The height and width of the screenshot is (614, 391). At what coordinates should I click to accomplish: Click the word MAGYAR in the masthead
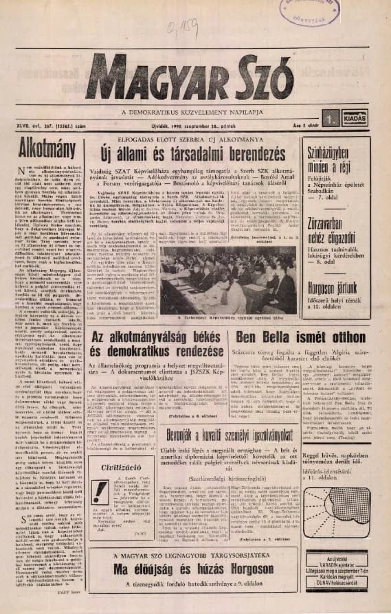pos(135,80)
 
